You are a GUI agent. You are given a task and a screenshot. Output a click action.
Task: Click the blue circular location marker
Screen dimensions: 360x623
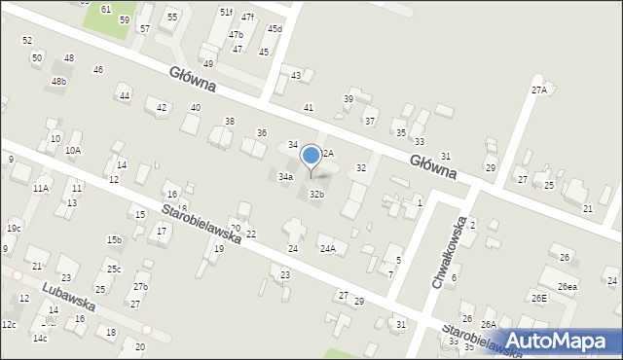[x=311, y=155]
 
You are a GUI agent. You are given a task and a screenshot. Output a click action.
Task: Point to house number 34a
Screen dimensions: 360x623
[x=285, y=177]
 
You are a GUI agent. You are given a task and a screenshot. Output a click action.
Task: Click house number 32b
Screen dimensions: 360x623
[x=316, y=195]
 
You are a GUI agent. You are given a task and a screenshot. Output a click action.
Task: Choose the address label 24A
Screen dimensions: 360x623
[x=328, y=249]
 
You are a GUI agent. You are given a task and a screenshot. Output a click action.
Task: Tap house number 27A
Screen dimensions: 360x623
[x=538, y=90]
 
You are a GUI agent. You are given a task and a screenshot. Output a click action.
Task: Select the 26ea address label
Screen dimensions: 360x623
[x=567, y=287]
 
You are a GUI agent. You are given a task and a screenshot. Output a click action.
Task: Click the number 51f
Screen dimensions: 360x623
[x=226, y=12]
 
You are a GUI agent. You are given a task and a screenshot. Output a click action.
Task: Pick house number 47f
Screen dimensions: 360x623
[x=248, y=18]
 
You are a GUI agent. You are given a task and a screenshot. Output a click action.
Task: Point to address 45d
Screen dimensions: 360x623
[x=275, y=29]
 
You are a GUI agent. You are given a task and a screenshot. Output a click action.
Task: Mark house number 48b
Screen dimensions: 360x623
[x=59, y=82]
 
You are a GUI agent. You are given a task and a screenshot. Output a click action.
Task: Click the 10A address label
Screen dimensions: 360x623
[x=73, y=151]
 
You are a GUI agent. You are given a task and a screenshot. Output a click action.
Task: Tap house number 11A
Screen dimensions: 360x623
[x=40, y=188]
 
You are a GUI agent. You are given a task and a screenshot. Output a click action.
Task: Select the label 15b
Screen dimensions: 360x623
[x=114, y=239]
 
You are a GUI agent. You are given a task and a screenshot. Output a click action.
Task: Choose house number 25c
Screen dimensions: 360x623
[x=114, y=269]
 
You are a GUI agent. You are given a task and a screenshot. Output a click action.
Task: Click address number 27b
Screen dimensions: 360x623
[x=141, y=286]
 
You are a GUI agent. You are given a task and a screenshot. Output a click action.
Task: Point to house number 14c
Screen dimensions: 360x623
[x=39, y=339]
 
